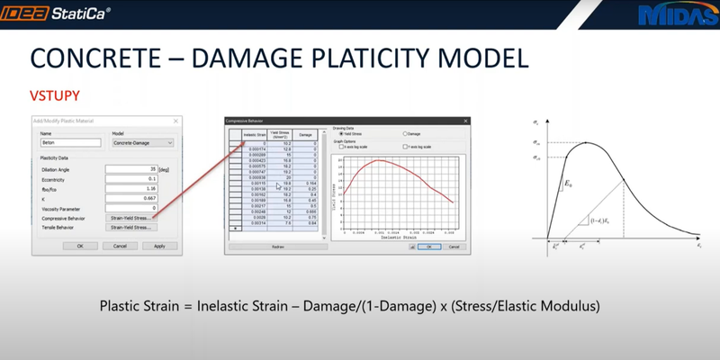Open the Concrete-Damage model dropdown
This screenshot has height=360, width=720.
(142, 142)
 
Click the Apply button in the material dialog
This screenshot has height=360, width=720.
(159, 245)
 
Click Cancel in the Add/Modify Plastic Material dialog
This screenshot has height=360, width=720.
(119, 245)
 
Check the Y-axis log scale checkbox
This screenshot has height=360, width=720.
(404, 146)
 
